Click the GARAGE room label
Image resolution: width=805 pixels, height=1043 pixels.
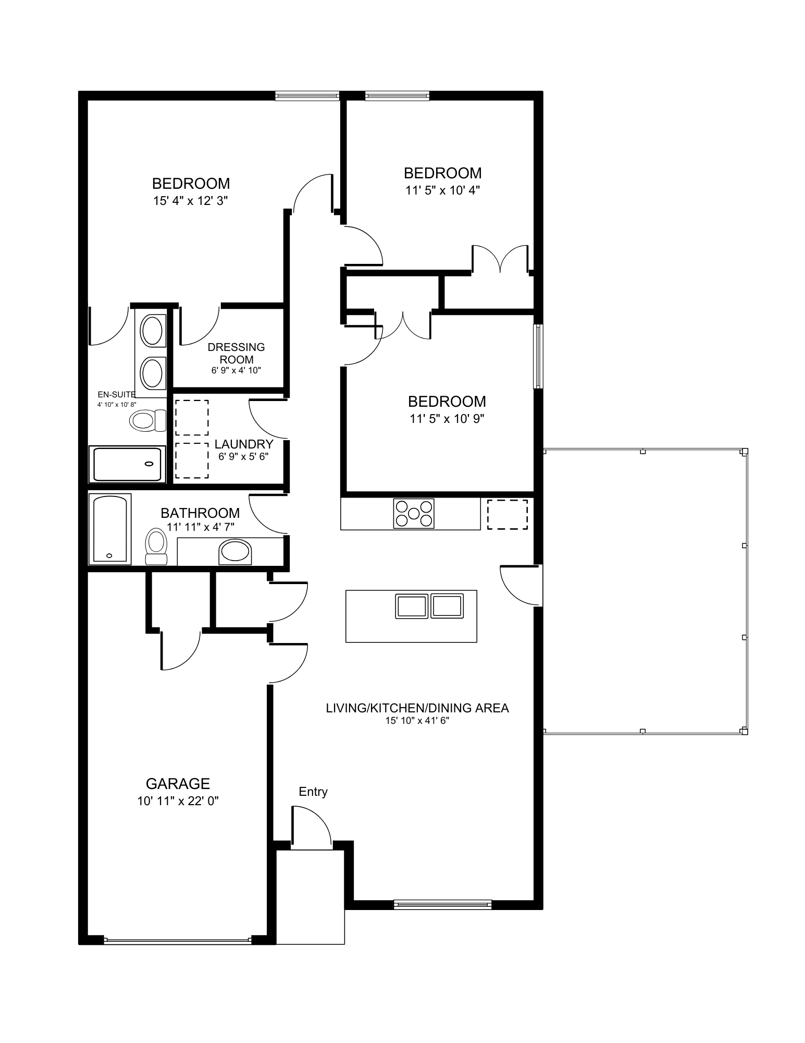pyautogui.click(x=178, y=784)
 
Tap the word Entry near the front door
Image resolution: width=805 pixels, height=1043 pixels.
pyautogui.click(x=313, y=792)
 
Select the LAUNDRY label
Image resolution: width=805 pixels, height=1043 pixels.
pyautogui.click(x=244, y=444)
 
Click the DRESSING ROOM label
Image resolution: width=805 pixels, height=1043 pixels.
pyautogui.click(x=236, y=353)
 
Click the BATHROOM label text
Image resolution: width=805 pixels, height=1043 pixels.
pyautogui.click(x=200, y=513)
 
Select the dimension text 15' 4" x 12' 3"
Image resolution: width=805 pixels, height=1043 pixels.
pyautogui.click(x=191, y=201)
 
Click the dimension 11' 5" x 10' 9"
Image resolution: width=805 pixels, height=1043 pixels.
pyautogui.click(x=447, y=419)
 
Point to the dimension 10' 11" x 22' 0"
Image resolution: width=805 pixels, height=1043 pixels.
pyautogui.click(x=178, y=801)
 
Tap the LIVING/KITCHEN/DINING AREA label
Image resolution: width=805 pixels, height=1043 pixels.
pyautogui.click(x=417, y=708)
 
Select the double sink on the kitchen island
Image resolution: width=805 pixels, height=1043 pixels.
pyautogui.click(x=429, y=606)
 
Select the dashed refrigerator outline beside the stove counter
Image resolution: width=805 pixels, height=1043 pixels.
pyautogui.click(x=507, y=514)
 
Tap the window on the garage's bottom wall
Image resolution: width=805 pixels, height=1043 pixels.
pyautogui.click(x=177, y=941)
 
